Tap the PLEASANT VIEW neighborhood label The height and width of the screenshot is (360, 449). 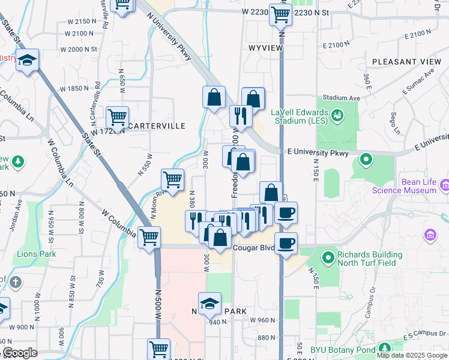(406, 62)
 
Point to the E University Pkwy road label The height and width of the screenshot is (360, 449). (318, 154)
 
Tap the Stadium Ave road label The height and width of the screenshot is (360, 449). (341, 97)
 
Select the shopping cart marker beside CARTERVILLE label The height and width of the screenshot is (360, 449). (117, 117)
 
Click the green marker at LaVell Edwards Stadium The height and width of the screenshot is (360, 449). (337, 113)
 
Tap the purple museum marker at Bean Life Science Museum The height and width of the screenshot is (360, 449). (444, 185)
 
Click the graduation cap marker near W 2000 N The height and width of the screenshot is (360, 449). (28, 60)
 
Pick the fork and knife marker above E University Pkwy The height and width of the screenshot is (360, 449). (241, 116)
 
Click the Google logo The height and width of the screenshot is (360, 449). (20, 353)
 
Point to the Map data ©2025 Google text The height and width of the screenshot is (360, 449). (412, 355)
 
